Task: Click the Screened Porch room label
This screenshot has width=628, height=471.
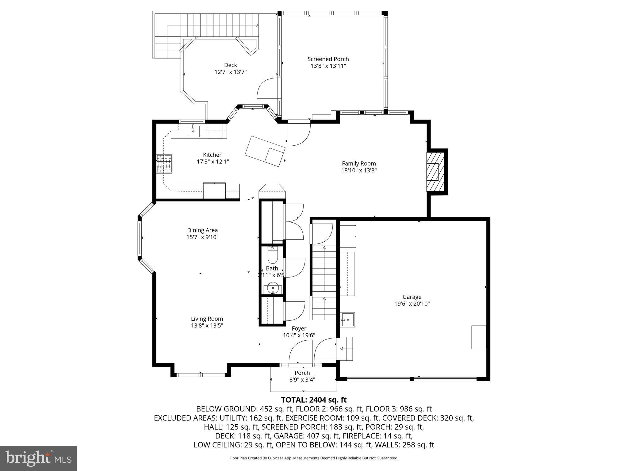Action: click(328, 59)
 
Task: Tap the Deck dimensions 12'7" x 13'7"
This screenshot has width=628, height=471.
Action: click(231, 72)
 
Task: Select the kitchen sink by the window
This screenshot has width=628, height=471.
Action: click(193, 131)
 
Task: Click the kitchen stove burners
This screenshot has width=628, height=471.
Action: click(164, 164)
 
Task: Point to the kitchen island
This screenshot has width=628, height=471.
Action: click(265, 151)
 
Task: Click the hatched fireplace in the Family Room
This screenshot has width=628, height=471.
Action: click(435, 172)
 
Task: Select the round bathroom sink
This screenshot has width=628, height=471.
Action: click(273, 288)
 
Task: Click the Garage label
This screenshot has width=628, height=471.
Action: click(412, 297)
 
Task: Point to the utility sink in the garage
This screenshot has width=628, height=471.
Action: click(348, 320)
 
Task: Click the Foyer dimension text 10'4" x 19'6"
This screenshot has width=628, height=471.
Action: click(299, 335)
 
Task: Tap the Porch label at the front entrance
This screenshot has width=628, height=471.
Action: click(302, 373)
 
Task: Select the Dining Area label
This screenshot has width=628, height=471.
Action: click(202, 230)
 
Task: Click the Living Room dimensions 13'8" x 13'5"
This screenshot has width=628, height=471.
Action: click(207, 326)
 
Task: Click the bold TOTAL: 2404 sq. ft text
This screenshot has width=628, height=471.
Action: click(314, 400)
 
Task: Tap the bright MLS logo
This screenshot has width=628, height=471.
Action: click(38, 458)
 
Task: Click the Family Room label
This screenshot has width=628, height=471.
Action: click(359, 163)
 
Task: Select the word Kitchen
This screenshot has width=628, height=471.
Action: click(213, 155)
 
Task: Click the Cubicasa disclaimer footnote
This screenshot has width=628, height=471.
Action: click(314, 458)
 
